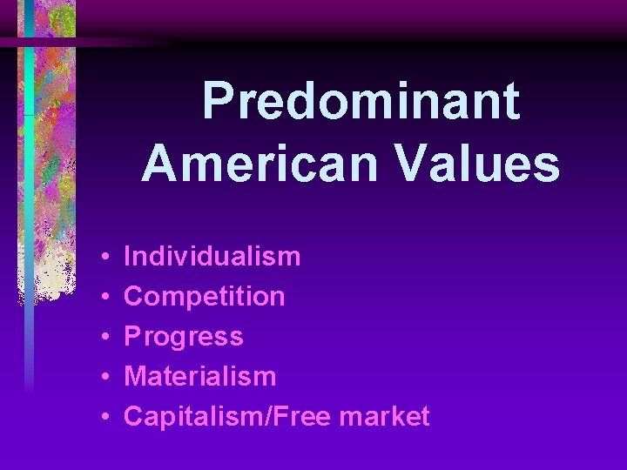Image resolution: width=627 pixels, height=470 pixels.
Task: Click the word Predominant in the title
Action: pyautogui.click(x=361, y=102)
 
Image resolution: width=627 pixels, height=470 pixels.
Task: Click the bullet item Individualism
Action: pyautogui.click(x=212, y=257)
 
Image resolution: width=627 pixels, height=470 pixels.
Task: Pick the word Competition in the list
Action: pyautogui.click(x=205, y=297)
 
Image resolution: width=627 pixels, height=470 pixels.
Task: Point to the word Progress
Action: pyautogui.click(x=184, y=337)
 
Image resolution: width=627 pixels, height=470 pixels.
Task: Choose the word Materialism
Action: pyautogui.click(x=200, y=377)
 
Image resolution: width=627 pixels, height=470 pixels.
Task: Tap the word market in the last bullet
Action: pyautogui.click(x=385, y=417)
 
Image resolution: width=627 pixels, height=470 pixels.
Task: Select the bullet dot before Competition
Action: pyautogui.click(x=104, y=298)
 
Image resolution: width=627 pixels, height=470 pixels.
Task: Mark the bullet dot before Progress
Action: pyautogui.click(x=104, y=338)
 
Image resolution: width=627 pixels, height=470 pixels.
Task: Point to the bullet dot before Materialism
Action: pyautogui.click(x=104, y=378)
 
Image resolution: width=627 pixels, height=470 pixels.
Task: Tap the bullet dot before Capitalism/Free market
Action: pyautogui.click(x=104, y=418)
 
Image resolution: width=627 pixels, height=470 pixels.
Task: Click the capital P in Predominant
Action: pyautogui.click(x=220, y=102)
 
